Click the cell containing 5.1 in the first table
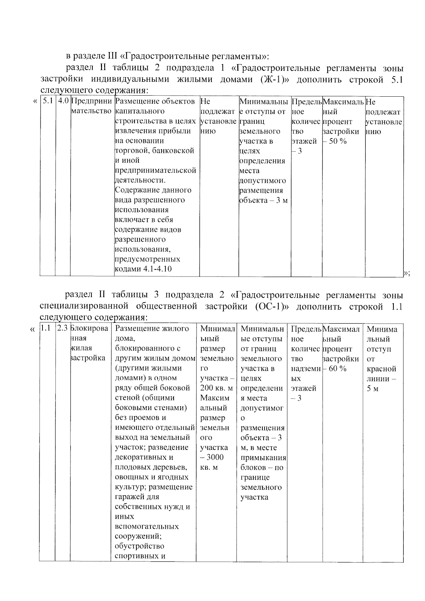click(x=47, y=101)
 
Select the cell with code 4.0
click(x=63, y=101)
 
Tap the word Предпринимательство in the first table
click(x=92, y=106)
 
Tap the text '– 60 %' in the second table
click(x=335, y=369)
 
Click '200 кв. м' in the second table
click(x=216, y=388)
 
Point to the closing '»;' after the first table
click(x=407, y=273)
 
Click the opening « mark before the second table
click(x=33, y=329)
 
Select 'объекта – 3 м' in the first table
click(x=263, y=200)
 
